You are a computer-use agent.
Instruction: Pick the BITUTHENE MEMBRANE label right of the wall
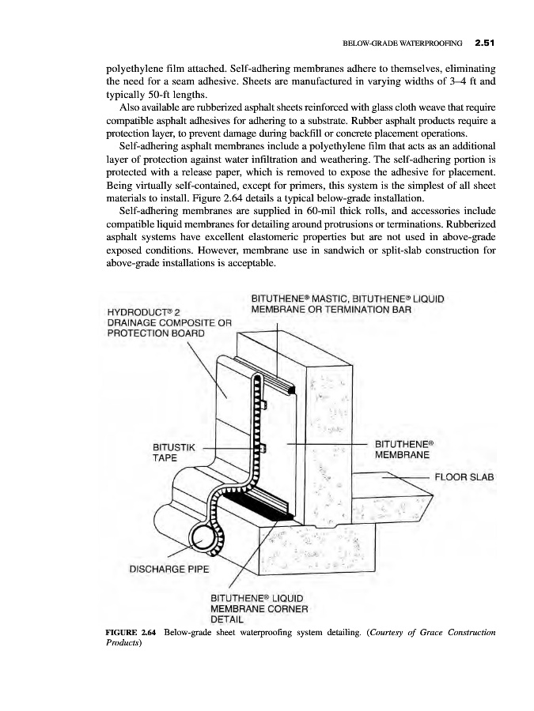[403, 450]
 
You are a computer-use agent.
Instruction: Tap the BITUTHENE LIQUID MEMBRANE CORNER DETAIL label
[257, 608]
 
